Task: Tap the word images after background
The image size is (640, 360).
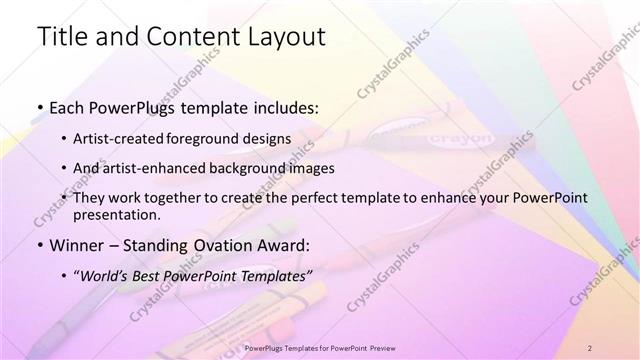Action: point(312,168)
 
